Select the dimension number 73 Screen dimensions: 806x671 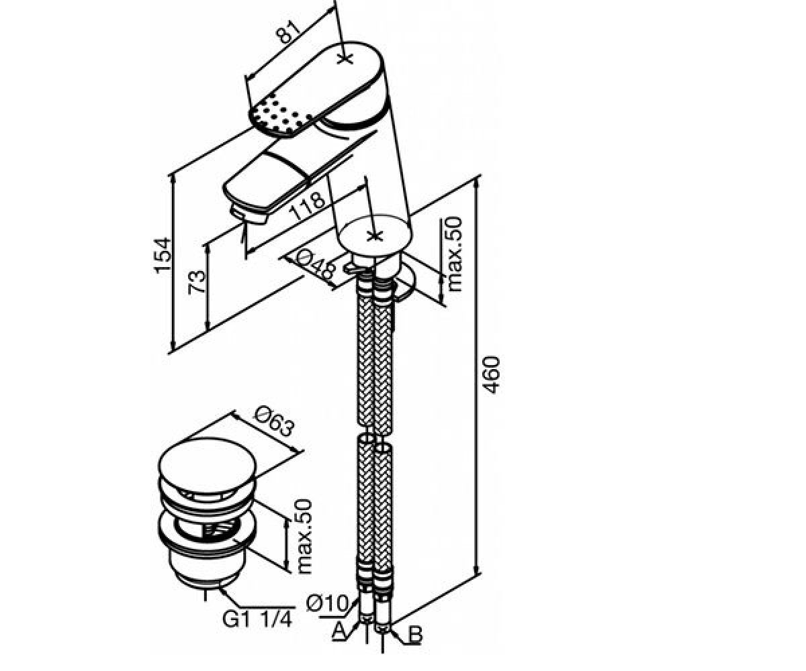(197, 282)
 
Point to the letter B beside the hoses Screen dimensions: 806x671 (415, 635)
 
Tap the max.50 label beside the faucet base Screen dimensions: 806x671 (455, 254)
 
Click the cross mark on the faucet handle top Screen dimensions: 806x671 (345, 58)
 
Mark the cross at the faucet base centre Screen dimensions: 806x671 (374, 236)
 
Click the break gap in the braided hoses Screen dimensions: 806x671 (374, 429)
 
